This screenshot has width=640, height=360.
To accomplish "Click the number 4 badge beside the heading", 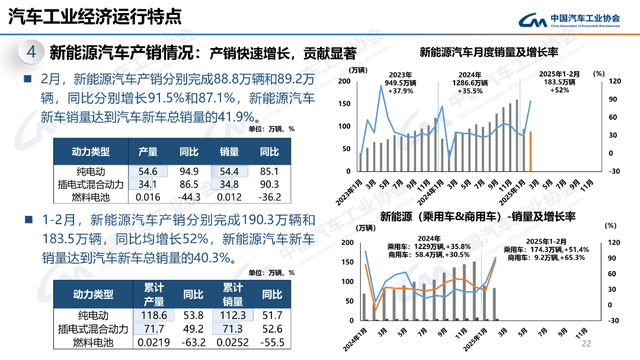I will pos(31,52).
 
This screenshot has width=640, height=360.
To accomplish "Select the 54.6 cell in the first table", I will pos(148,172).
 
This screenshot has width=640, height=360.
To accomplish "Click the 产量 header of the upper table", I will pos(148,153).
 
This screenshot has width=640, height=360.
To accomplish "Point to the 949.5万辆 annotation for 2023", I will pos(400,83).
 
